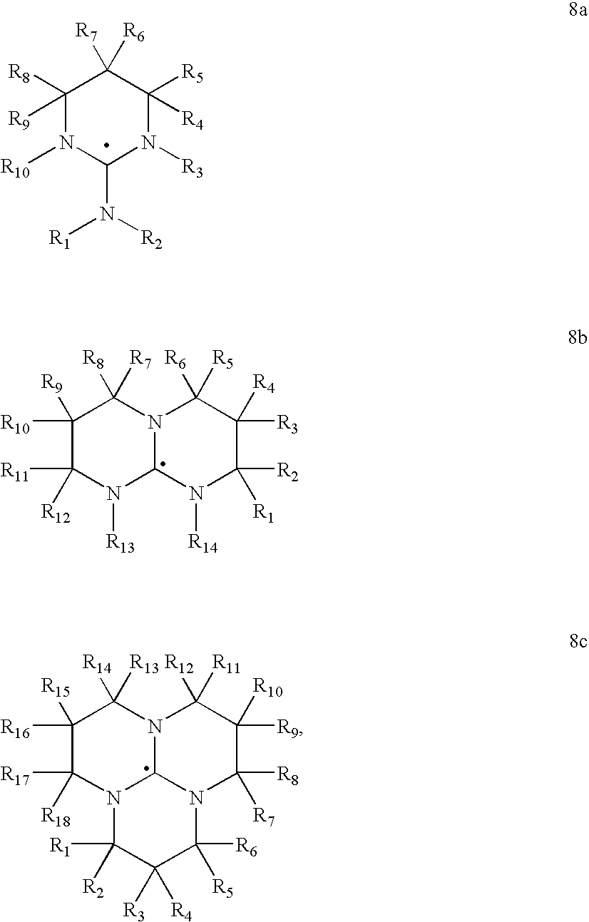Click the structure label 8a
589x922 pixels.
(x=578, y=10)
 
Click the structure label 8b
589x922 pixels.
(x=578, y=337)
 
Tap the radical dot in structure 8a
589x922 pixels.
(x=106, y=145)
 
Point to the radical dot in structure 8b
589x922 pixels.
(x=163, y=464)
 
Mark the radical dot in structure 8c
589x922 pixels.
(x=146, y=768)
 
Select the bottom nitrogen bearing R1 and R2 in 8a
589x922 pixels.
(x=106, y=214)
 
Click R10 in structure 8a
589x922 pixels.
(x=15, y=169)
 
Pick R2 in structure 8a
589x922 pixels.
(x=151, y=240)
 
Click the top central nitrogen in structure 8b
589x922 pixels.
(x=155, y=422)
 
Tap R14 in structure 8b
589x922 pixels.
(x=203, y=543)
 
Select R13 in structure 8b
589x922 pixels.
(x=121, y=543)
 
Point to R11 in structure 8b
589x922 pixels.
(x=15, y=473)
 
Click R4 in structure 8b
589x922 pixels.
(x=263, y=384)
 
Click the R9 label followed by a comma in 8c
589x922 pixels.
(x=290, y=729)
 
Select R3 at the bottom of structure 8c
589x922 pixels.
(x=134, y=912)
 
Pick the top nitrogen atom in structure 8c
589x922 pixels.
(x=155, y=727)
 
